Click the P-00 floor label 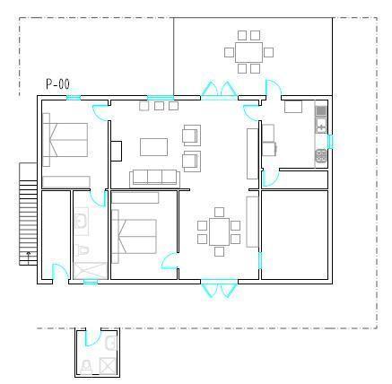pos(57,84)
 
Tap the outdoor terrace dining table pos(248,52)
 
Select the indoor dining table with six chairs pos(219,231)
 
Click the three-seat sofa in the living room pos(154,178)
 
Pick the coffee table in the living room pos(153,147)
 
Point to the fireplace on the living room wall pos(117,151)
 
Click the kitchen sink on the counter pos(321,126)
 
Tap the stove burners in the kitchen pos(321,156)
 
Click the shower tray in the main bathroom pos(91,271)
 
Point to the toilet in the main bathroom pos(82,250)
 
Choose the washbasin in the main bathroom pos(81,222)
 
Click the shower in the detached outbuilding pos(108,365)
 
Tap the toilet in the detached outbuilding pos(86,367)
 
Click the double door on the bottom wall pos(219,287)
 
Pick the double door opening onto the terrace pos(219,90)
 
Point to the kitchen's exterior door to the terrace pos(273,88)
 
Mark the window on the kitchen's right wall pos(330,142)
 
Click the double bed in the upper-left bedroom pos(65,140)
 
